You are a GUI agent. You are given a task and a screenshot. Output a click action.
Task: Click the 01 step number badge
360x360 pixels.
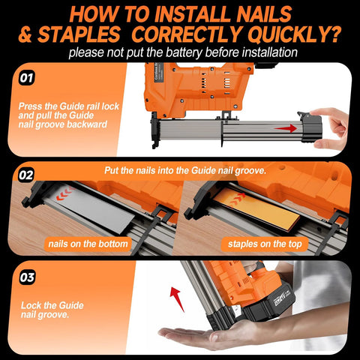pyautogui.click(x=26, y=76)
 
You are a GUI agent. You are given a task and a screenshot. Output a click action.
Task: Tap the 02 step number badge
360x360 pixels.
pyautogui.click(x=26, y=174)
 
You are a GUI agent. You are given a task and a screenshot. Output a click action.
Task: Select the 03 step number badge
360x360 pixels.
pyautogui.click(x=26, y=277)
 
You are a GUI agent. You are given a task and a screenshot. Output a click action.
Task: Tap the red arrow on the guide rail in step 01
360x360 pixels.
pyautogui.click(x=283, y=128)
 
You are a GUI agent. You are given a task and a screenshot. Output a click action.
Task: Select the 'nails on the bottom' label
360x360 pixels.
pyautogui.click(x=88, y=244)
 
